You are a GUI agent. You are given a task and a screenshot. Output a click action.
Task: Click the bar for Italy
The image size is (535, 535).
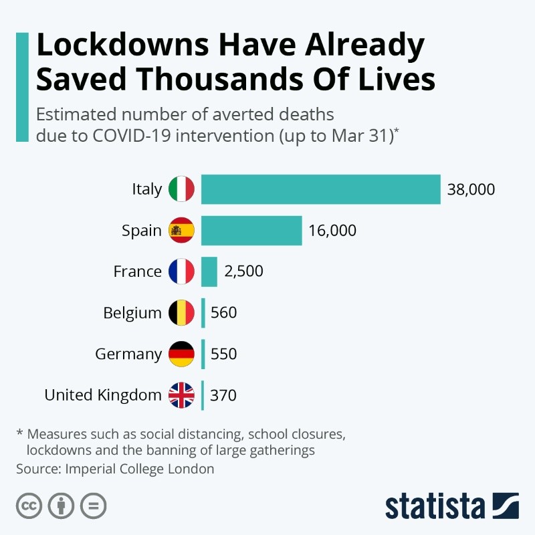[x=320, y=189]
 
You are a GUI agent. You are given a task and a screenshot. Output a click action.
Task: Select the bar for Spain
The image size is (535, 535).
[x=251, y=231]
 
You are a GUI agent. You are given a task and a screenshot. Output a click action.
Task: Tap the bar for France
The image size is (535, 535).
[x=209, y=272]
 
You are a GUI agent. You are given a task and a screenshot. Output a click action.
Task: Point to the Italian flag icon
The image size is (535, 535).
[x=181, y=189]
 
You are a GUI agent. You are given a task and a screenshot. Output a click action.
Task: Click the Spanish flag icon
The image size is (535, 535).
[x=181, y=231]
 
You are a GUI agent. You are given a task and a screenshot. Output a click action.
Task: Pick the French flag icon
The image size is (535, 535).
[x=181, y=272]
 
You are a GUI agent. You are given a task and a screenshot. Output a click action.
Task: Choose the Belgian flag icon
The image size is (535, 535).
[x=181, y=312]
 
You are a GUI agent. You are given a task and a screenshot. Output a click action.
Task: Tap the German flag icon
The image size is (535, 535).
[x=181, y=354]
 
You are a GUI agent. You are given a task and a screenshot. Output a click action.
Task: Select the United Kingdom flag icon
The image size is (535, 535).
[x=181, y=395]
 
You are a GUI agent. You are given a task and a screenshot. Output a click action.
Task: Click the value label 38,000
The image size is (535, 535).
[x=471, y=190]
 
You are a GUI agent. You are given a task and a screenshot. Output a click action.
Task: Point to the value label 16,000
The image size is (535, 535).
[x=332, y=231]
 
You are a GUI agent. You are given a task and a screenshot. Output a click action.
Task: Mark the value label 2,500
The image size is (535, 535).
[x=244, y=272]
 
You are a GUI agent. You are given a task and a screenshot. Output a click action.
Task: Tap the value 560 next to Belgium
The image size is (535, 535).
[x=223, y=313]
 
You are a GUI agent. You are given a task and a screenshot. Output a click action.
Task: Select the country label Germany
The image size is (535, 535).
[x=128, y=354]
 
